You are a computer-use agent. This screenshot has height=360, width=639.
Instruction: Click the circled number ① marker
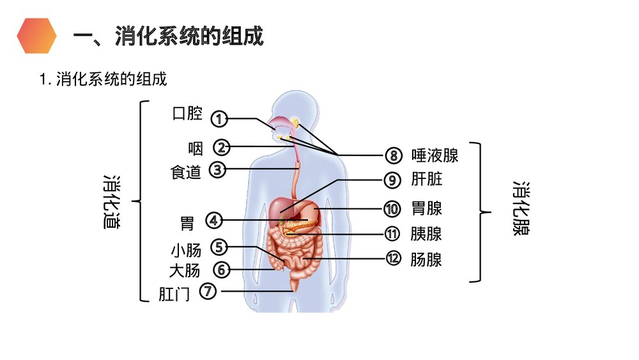[x=219, y=118]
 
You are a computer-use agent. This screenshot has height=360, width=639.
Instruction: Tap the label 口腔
[x=187, y=114]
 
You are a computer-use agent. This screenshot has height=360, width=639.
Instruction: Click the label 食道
[x=185, y=172]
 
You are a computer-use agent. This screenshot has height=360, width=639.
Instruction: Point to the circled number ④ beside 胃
[x=213, y=221]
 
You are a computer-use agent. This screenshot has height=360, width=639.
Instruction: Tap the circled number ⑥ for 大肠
[x=221, y=270]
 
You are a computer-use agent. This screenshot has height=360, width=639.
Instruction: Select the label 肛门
[x=174, y=294]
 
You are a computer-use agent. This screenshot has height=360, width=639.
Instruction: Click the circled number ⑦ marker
[x=208, y=292]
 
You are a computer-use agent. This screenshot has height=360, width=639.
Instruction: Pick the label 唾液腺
[x=435, y=155]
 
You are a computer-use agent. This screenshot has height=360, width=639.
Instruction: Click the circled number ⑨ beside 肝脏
[x=392, y=180]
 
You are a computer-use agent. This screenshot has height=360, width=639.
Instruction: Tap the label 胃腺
[x=426, y=208]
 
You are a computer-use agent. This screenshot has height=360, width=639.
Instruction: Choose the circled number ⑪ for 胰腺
[x=392, y=234]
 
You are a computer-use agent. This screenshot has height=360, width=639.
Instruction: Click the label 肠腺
[x=426, y=260]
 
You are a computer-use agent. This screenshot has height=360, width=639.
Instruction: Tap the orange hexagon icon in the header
[x=36, y=36]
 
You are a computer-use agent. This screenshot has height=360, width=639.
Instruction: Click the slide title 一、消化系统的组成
[x=168, y=36]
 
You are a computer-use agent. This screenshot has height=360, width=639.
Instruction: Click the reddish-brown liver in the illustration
[x=283, y=207]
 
